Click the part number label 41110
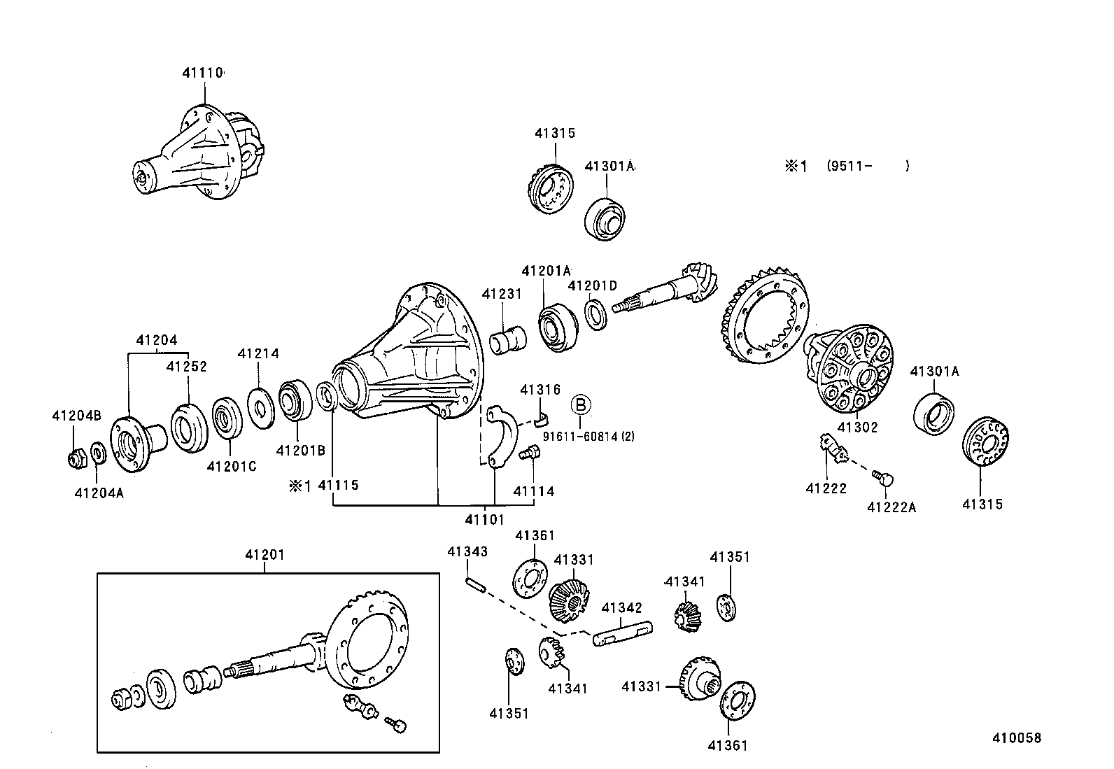click(x=203, y=73)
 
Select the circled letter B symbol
click(x=580, y=404)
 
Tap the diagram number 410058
click(x=1017, y=738)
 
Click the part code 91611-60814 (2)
click(x=588, y=436)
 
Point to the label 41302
click(x=857, y=427)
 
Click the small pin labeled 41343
click(x=475, y=584)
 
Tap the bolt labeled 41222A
click(x=883, y=478)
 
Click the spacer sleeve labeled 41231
click(x=508, y=340)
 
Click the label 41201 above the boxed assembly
click(x=265, y=555)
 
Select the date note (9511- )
click(x=868, y=166)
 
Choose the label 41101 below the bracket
click(x=484, y=519)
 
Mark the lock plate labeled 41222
click(x=833, y=449)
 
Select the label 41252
click(x=186, y=366)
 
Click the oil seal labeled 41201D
click(x=595, y=314)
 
